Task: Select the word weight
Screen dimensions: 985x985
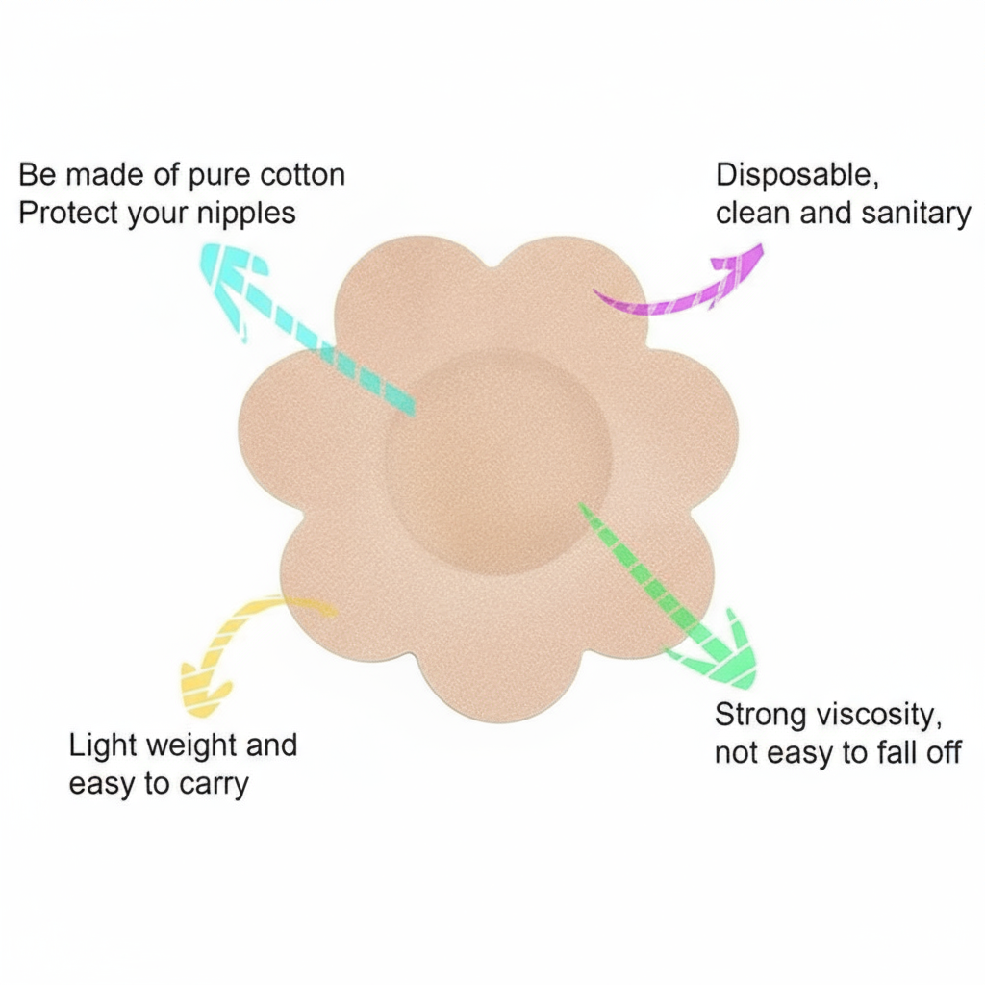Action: (x=178, y=746)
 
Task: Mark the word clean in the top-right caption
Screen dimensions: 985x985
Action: (x=753, y=213)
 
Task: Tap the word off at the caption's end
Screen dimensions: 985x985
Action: (x=944, y=753)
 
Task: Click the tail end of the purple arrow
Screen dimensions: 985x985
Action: (x=600, y=293)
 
